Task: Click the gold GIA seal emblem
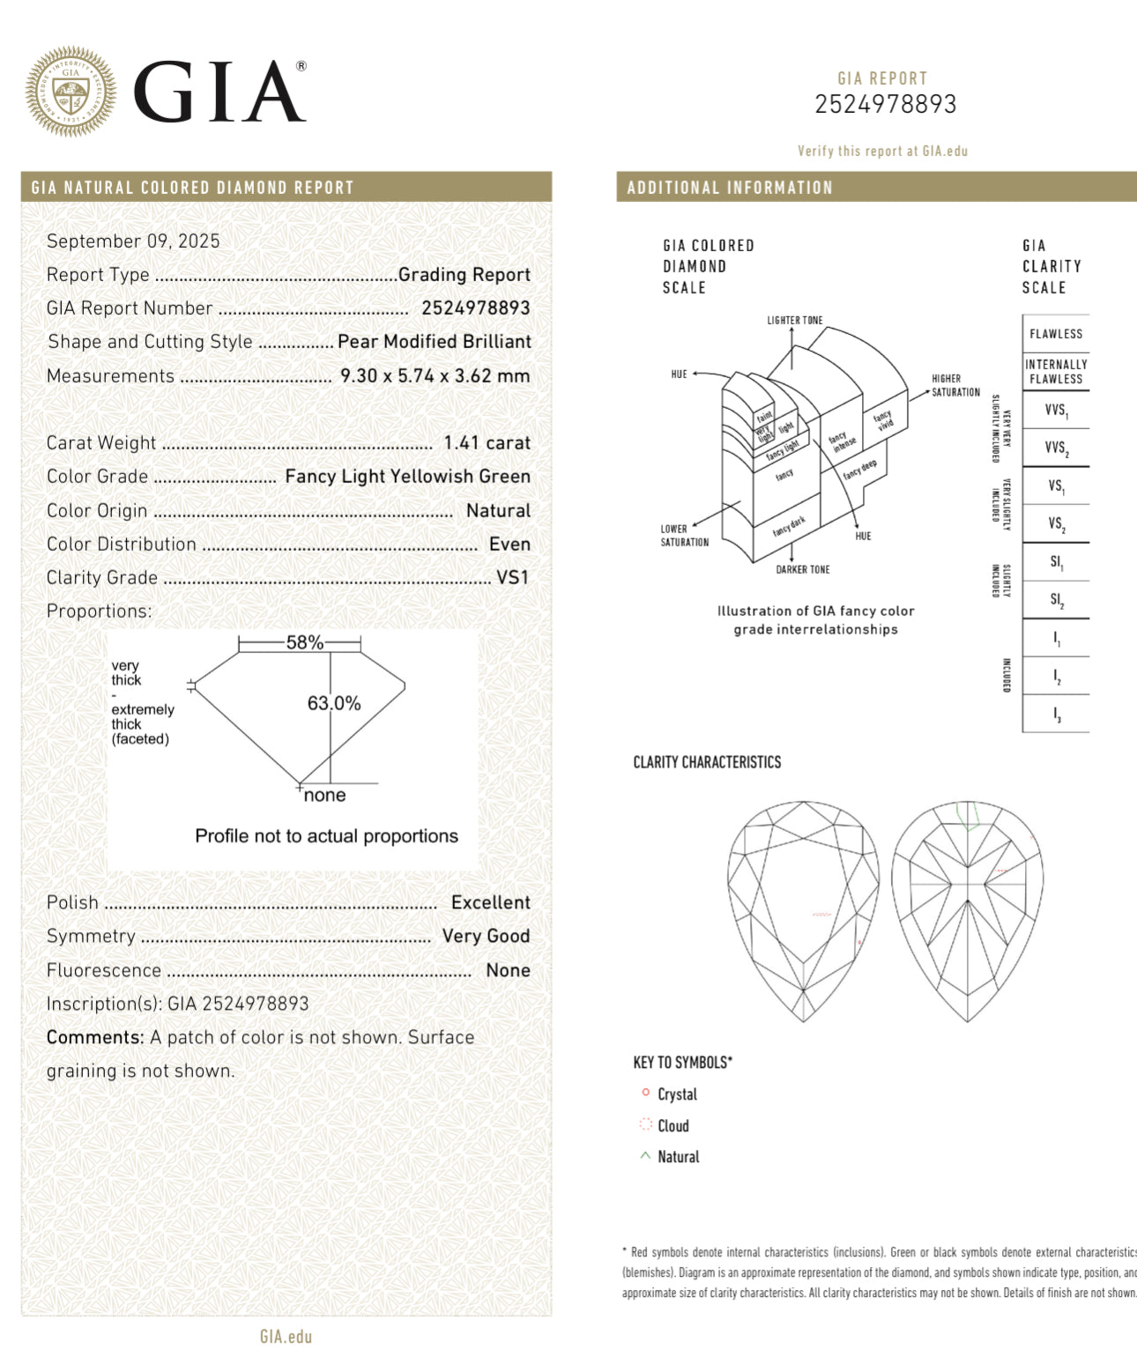point(71,92)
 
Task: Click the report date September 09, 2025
point(133,241)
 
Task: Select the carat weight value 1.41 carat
point(487,443)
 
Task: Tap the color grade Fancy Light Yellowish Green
point(407,477)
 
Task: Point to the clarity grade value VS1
point(513,578)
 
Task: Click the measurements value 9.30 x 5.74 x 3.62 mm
point(435,376)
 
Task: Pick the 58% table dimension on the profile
point(305,642)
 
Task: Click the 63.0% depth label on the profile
point(334,703)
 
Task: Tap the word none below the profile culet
point(324,796)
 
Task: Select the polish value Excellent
point(490,903)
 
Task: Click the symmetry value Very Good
point(486,937)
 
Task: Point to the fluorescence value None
point(508,971)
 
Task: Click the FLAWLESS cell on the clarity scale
point(1056,334)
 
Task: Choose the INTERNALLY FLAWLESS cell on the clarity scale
point(1056,372)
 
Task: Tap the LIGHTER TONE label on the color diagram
point(794,321)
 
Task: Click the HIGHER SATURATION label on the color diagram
point(955,385)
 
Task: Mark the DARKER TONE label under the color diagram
point(802,570)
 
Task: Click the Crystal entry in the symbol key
point(677,1094)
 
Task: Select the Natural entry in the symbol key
point(678,1157)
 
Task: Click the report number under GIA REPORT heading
point(885,105)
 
